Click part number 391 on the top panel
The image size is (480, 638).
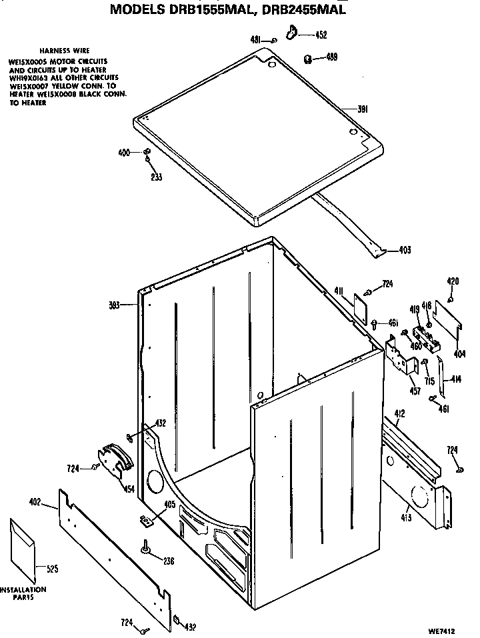coord(364,109)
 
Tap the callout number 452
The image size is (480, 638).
coord(321,35)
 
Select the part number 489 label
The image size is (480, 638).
coord(331,57)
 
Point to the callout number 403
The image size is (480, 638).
coord(404,250)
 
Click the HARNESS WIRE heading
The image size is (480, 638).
coord(65,51)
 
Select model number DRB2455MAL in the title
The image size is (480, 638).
coord(308,10)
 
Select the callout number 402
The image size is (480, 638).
coord(35,501)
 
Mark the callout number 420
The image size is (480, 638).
coord(453,281)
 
